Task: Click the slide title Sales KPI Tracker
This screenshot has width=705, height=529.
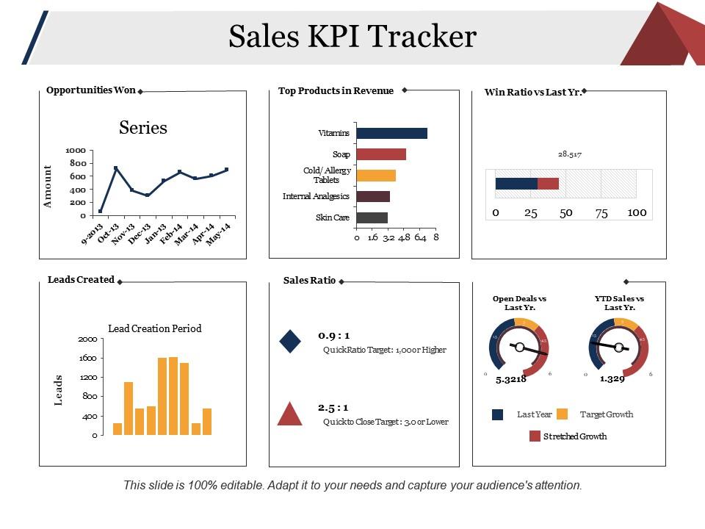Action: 352,36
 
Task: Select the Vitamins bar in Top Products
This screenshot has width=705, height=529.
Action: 391,133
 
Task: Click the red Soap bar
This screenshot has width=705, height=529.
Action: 381,154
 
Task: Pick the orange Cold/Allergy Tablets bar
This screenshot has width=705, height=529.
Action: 376,176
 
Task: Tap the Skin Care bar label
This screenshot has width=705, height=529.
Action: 332,217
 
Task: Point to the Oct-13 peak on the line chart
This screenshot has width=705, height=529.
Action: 116,168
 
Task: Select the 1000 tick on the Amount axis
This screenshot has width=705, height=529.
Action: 76,150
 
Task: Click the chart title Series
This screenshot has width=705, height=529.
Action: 143,128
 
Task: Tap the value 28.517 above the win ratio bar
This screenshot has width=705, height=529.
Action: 570,154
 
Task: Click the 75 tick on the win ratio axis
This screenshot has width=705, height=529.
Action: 601,212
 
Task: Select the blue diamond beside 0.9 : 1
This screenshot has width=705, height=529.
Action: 290,341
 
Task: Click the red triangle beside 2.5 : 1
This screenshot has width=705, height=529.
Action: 290,414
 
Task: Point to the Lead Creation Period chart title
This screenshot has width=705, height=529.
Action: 155,328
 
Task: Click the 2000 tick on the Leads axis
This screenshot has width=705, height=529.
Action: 87,339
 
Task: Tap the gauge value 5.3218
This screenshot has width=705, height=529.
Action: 510,379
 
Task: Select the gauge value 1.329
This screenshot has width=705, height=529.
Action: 612,379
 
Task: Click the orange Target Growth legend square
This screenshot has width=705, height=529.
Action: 563,414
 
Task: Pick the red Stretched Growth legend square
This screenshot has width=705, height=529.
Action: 535,436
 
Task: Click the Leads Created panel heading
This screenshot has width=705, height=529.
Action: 81,280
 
